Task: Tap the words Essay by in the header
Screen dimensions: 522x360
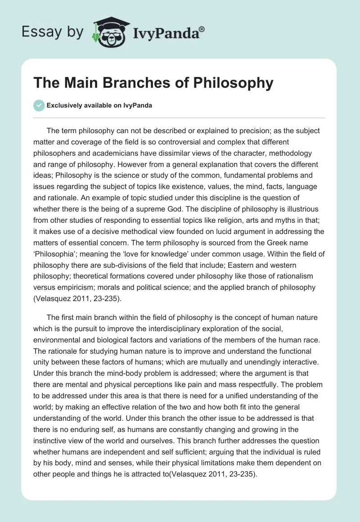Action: [52, 32]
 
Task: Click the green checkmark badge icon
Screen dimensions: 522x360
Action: [39, 105]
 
